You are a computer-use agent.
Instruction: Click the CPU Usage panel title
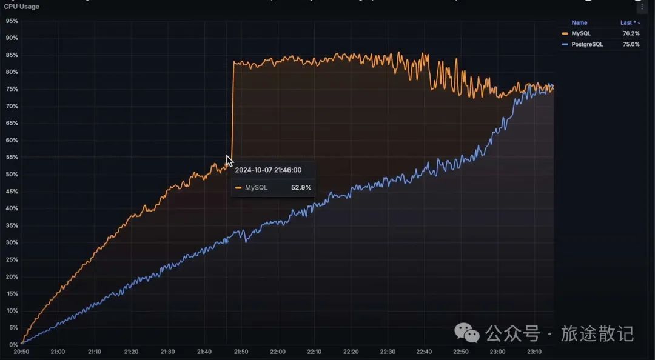pyautogui.click(x=22, y=7)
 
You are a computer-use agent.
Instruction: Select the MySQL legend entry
pyautogui.click(x=580, y=33)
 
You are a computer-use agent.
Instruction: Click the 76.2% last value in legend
pyautogui.click(x=631, y=33)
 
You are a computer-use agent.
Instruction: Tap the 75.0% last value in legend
pyautogui.click(x=631, y=44)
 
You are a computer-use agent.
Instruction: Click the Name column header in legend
pyautogui.click(x=579, y=22)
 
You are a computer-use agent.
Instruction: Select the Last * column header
pyautogui.click(x=629, y=22)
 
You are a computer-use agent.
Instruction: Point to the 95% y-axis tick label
pyautogui.click(x=12, y=21)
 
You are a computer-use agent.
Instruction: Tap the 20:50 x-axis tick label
pyautogui.click(x=21, y=352)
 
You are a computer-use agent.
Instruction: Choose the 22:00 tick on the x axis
pyautogui.click(x=278, y=352)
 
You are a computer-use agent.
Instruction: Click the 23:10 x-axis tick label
pyautogui.click(x=534, y=352)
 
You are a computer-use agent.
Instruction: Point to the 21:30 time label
pyautogui.click(x=168, y=352)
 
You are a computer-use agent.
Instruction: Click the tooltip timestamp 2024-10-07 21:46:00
pyautogui.click(x=268, y=170)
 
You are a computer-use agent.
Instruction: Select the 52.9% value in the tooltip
pyautogui.click(x=301, y=188)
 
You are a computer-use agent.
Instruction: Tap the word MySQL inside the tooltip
pyautogui.click(x=256, y=188)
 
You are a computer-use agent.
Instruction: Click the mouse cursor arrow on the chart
pyautogui.click(x=229, y=161)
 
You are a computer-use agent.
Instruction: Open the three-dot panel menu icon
pyautogui.click(x=642, y=7)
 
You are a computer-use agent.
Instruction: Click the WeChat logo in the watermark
pyautogui.click(x=468, y=333)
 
